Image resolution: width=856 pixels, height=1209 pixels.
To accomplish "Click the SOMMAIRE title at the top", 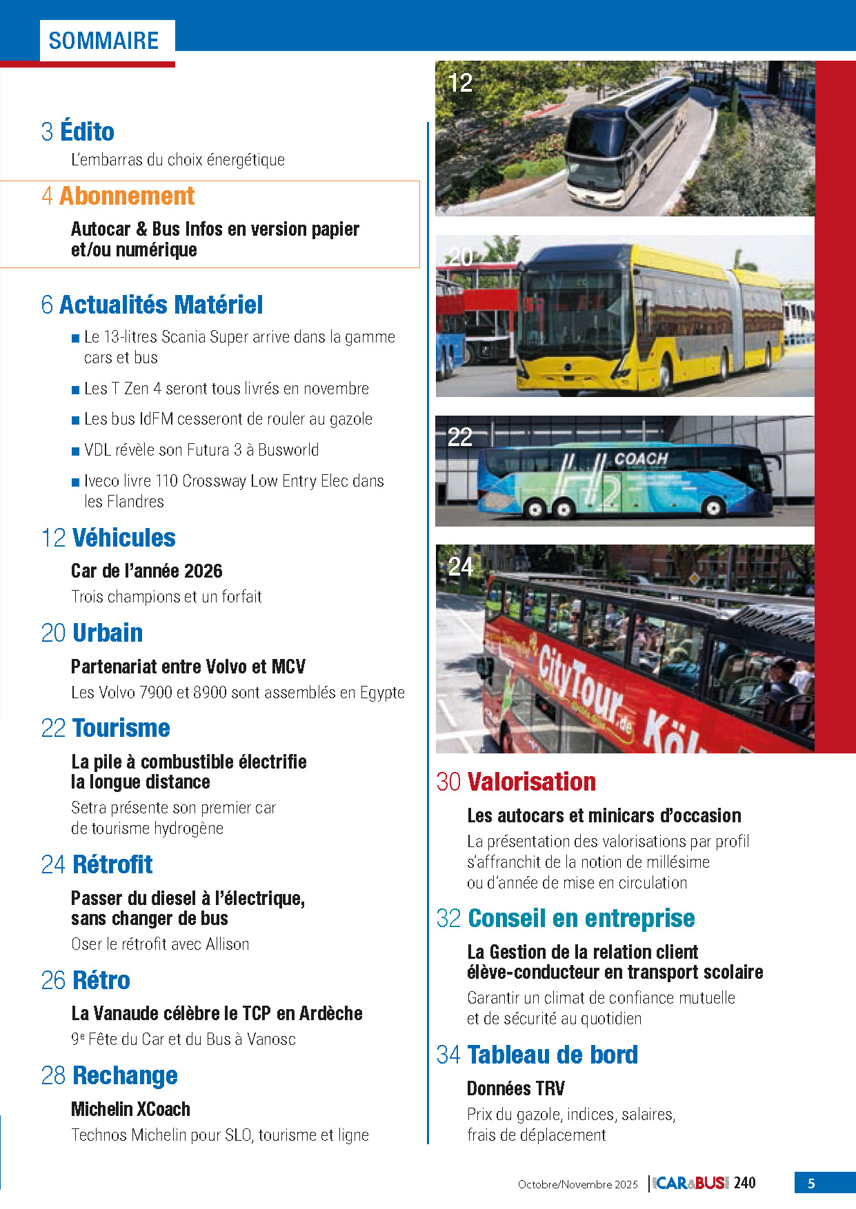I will click(x=103, y=41).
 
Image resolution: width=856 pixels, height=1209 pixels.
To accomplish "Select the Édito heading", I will click(x=87, y=132).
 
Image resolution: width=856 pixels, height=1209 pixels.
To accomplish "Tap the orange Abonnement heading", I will click(x=127, y=196).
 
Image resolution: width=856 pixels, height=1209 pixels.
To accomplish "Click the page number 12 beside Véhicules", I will click(x=53, y=538).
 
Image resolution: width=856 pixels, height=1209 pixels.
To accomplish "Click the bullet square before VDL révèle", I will click(x=75, y=451).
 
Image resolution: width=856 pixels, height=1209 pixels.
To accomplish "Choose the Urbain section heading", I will click(x=108, y=633).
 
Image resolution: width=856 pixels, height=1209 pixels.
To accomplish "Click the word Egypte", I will click(x=382, y=693).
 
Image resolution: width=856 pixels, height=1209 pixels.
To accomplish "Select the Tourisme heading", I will click(x=121, y=729).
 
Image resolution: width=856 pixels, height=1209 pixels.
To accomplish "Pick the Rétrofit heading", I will click(x=112, y=864).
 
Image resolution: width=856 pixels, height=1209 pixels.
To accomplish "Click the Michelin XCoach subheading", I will click(x=130, y=1109).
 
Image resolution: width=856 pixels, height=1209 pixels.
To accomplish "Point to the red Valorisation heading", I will click(x=531, y=782).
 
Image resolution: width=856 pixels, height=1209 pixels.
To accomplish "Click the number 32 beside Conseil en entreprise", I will click(x=448, y=919).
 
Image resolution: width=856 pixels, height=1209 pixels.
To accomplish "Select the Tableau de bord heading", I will click(x=553, y=1055).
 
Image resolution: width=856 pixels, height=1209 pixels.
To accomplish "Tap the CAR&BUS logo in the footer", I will click(x=690, y=1183).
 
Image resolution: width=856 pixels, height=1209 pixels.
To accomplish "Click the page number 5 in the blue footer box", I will click(x=811, y=1183).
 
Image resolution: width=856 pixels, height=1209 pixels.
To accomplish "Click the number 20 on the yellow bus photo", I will click(x=460, y=257).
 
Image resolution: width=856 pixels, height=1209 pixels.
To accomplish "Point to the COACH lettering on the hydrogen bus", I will click(x=641, y=459).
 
